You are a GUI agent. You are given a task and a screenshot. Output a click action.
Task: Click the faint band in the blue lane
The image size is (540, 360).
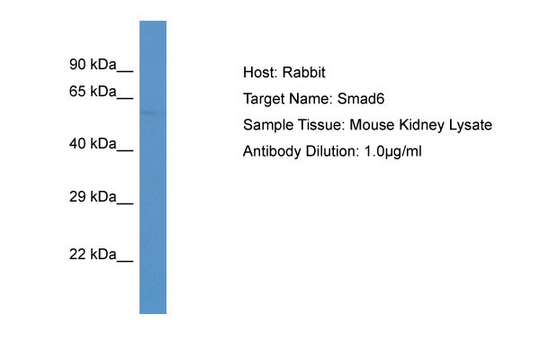coord(153,112)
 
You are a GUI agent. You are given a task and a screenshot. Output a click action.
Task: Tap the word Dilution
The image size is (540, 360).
coord(329,151)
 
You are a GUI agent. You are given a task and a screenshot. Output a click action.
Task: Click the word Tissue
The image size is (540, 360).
coord(318,125)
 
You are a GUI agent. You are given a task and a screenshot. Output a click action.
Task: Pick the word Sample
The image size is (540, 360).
coord(266,125)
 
